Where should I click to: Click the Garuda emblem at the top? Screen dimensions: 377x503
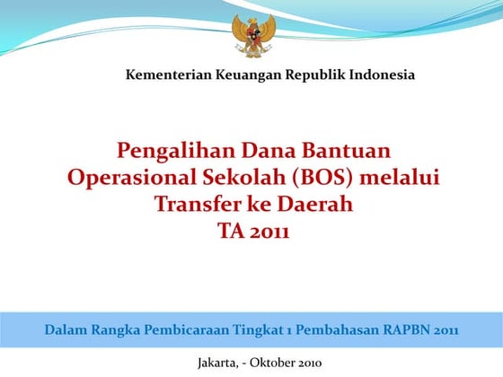coord(251,34)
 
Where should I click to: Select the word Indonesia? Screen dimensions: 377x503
coord(383,75)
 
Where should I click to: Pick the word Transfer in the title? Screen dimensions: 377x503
coord(194,205)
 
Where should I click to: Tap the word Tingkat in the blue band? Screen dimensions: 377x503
coord(257,329)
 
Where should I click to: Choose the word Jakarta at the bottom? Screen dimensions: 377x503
coord(217,363)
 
